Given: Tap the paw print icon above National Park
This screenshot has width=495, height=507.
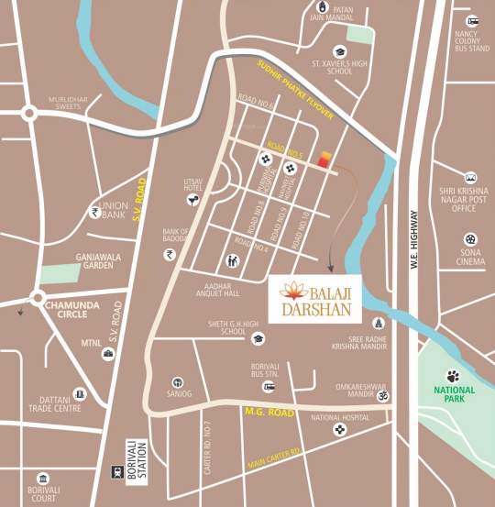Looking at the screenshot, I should (453, 375).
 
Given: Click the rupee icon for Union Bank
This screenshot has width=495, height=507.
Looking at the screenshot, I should (94, 212).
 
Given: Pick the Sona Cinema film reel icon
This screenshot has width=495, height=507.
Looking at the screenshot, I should (470, 239).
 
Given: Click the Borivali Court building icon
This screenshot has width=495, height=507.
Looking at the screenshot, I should (41, 478).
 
